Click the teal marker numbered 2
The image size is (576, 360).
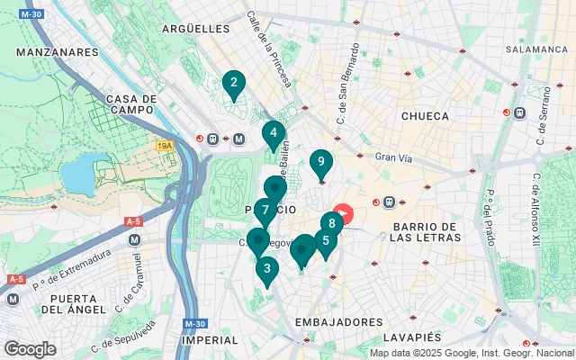(234, 85)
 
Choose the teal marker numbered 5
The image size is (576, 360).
(326, 241)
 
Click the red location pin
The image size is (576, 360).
(345, 215)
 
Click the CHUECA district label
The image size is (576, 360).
(424, 115)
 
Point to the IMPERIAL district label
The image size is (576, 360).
(209, 341)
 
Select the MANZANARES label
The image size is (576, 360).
(57, 53)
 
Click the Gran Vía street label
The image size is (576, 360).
(392, 157)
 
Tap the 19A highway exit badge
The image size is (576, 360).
(164, 145)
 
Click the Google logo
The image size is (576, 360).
(29, 348)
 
